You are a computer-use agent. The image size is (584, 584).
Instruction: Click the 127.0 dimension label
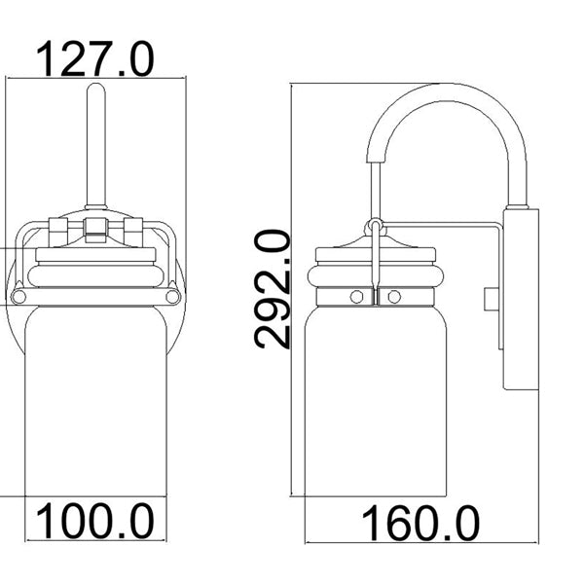[95, 60]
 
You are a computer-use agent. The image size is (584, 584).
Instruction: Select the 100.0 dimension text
[95, 523]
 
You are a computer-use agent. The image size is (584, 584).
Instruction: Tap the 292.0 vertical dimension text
[274, 288]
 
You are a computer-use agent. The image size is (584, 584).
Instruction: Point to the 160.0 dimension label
[420, 525]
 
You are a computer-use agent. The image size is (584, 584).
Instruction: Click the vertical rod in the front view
[95, 146]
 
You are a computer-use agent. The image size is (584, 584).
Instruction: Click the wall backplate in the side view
[517, 297]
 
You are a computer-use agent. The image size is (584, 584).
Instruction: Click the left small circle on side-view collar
[357, 295]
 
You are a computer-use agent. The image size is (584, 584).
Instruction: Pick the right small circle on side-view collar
[394, 295]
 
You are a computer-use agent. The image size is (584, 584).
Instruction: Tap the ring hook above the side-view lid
[374, 230]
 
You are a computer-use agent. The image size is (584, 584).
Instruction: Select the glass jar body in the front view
[95, 409]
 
